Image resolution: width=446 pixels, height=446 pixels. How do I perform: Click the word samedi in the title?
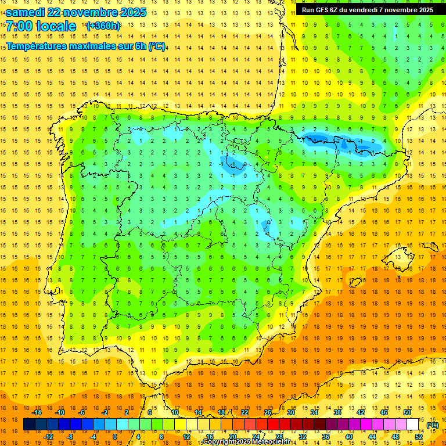(x=26, y=12)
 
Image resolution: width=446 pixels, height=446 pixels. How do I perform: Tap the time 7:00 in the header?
(x=18, y=26)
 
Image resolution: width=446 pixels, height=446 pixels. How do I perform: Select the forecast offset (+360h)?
(x=103, y=26)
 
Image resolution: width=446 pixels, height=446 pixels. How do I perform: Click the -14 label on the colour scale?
(x=37, y=412)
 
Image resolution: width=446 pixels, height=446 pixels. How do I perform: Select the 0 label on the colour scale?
(x=115, y=437)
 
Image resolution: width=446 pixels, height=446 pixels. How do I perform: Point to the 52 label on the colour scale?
(x=419, y=437)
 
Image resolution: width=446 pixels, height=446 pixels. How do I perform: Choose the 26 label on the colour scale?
(x=267, y=412)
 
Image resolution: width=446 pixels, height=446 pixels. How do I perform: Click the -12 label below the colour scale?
(x=48, y=437)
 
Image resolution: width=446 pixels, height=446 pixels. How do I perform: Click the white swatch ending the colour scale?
(x=413, y=425)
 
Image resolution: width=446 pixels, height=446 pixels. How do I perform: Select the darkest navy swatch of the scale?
(x=29, y=425)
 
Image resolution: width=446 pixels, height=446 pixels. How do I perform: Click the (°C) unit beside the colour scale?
(x=432, y=425)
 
